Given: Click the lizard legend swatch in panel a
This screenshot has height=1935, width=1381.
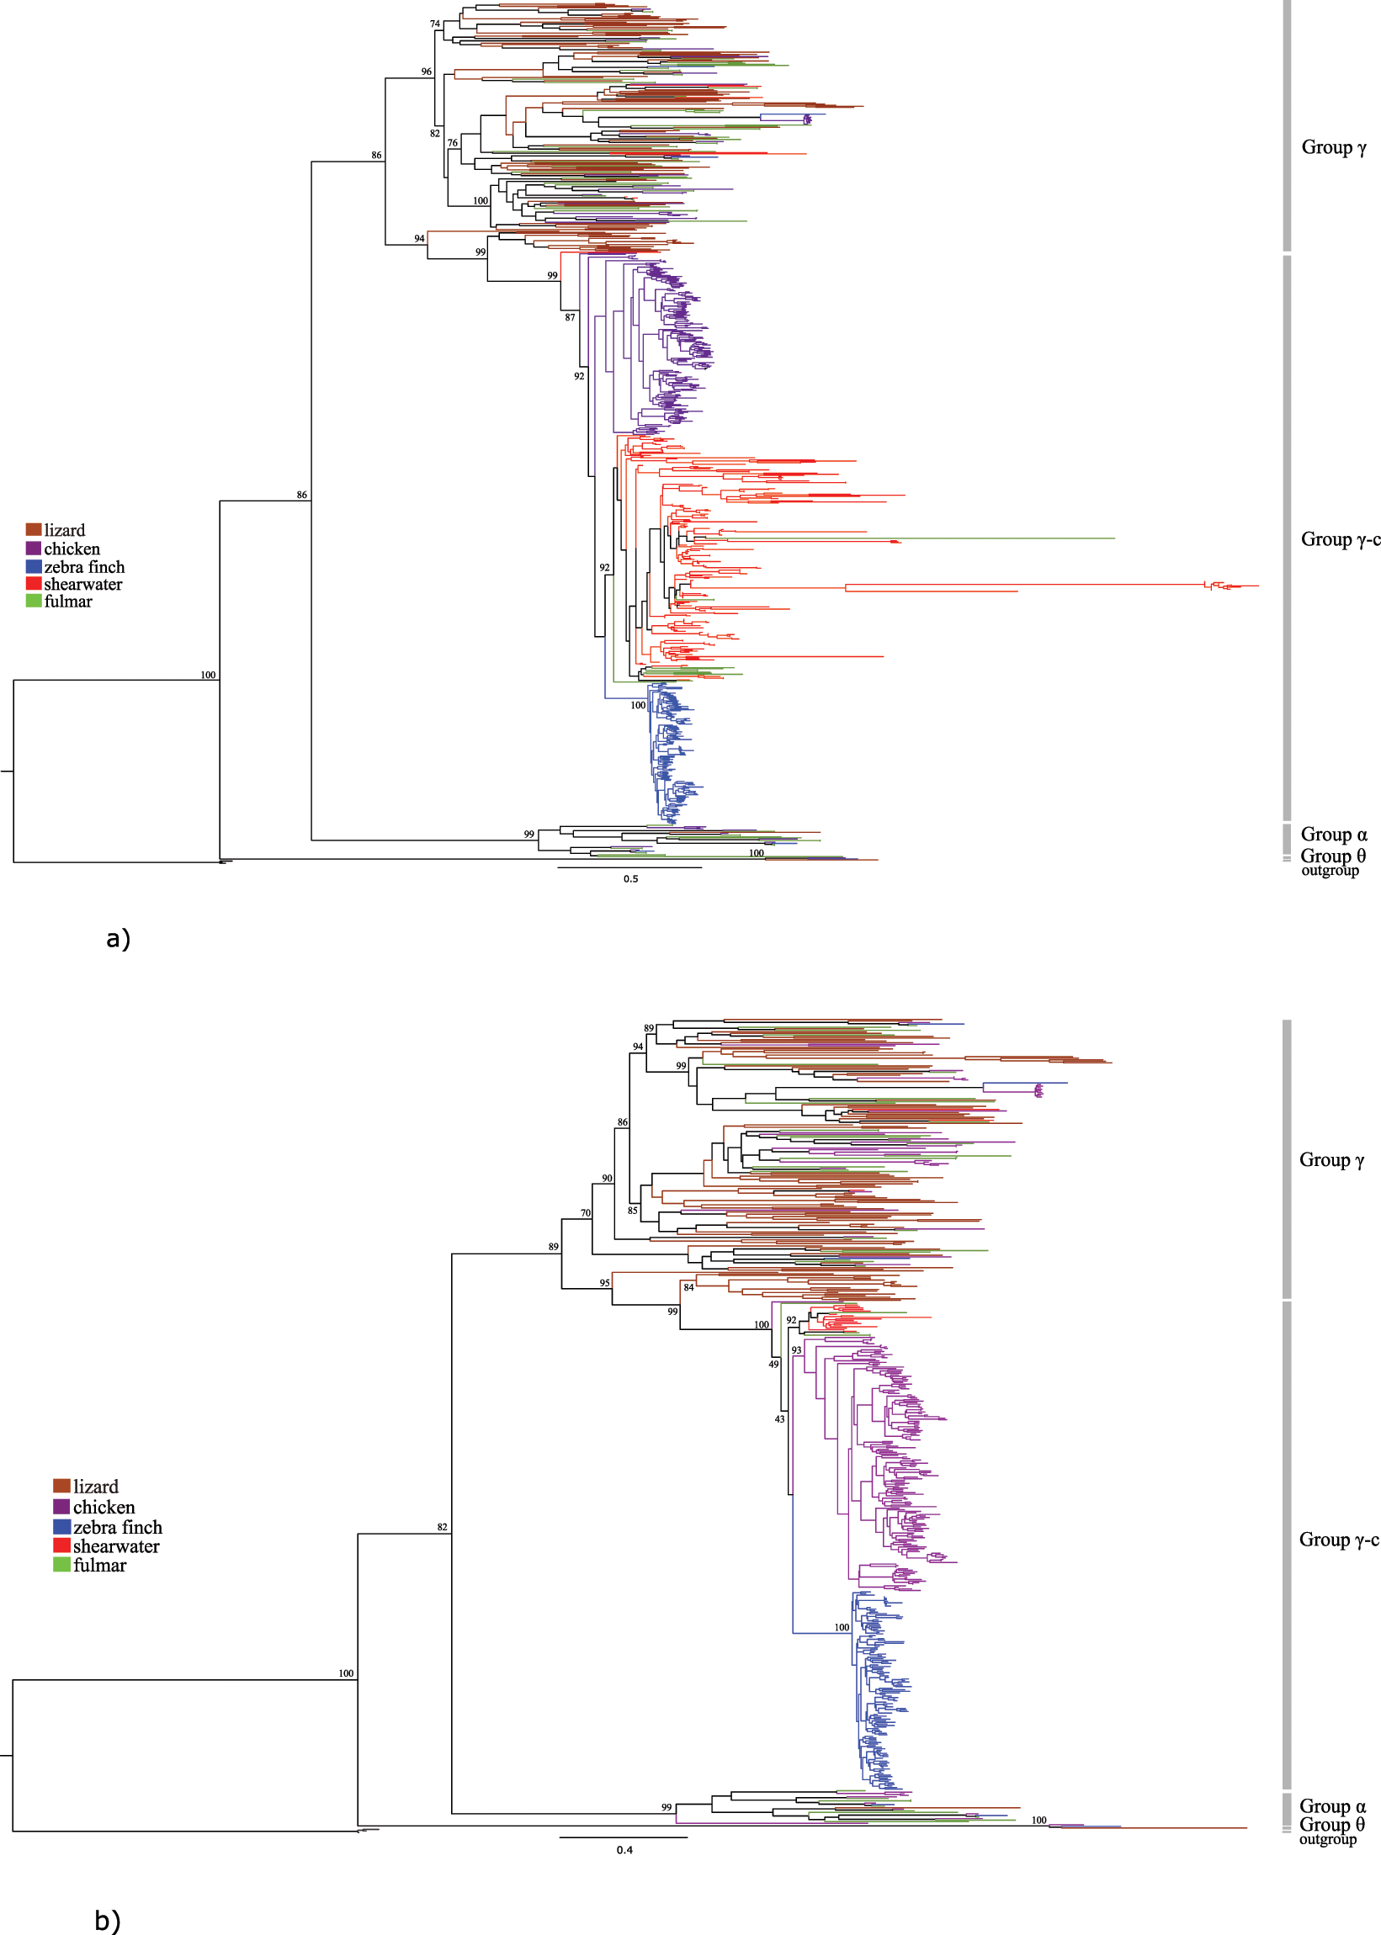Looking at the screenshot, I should pos(33,530).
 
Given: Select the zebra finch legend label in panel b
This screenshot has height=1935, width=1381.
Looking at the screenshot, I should pos(117,1527).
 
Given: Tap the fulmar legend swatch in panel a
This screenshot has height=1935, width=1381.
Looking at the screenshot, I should pos(33,601).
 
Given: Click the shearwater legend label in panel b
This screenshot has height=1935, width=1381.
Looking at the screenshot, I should pos(115,1546).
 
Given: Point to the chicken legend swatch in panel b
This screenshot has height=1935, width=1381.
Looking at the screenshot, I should pos(61,1507).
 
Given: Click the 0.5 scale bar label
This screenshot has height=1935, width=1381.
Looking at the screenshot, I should pos(630,879).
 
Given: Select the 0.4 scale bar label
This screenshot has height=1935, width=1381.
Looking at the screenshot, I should pos(624,1850).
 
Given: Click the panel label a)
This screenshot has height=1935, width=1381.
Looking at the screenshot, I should pos(118,939).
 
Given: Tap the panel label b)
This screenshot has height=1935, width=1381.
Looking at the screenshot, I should pos(107,1921).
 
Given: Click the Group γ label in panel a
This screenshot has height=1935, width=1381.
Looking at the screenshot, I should pos(1333,148).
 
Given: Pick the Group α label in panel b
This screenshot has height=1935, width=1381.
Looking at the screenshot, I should pos(1331,1805).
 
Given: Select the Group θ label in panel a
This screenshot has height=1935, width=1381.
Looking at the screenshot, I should pos(1332,856).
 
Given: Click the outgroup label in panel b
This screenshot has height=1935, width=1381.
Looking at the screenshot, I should pos(1327,1839).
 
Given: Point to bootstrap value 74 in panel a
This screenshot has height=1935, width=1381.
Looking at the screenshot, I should pos(434,24).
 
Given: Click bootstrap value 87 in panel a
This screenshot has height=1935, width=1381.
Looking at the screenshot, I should pos(570,318).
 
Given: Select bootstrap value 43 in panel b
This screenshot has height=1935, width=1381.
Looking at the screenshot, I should pos(779,1419).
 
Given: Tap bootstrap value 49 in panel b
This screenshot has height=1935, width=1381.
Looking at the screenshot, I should pos(773,1364).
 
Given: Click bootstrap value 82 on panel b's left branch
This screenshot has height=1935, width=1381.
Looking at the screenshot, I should pos(442,1527).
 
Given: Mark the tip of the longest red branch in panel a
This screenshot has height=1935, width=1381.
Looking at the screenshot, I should pos(1257,586).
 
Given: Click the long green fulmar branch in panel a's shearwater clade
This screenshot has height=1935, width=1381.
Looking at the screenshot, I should pos(1021,538).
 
